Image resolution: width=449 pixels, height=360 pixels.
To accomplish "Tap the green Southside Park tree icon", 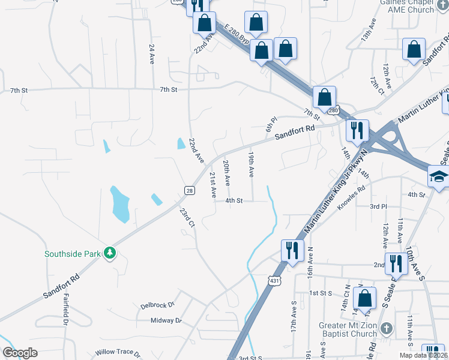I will (109, 253).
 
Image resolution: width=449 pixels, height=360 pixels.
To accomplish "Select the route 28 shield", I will (189, 190).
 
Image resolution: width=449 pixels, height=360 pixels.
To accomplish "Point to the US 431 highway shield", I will (274, 281).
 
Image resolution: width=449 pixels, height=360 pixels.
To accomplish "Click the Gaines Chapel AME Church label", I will (407, 6).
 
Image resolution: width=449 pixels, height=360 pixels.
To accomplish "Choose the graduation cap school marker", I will (438, 177).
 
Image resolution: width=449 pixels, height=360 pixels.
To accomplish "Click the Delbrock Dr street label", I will (157, 305).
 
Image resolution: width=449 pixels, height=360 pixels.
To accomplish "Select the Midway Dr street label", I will (166, 320).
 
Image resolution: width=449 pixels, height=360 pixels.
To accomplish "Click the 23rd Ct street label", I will (187, 217).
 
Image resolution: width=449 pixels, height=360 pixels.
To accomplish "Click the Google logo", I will (20, 353).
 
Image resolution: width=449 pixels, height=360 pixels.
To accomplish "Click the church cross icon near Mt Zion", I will (387, 328).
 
